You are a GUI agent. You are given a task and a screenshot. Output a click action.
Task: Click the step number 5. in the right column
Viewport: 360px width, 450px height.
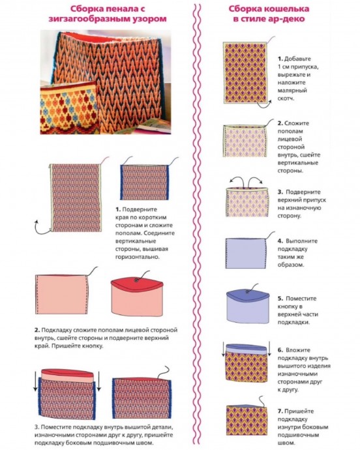[280, 299]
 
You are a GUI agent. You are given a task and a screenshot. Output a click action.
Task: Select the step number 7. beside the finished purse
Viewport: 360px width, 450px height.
[280, 412]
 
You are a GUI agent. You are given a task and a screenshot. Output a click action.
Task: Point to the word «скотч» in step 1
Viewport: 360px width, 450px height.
[286, 98]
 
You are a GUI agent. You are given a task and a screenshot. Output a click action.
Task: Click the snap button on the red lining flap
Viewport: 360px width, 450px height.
[136, 280]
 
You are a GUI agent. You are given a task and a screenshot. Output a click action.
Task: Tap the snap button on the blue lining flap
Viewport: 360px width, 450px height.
[247, 292]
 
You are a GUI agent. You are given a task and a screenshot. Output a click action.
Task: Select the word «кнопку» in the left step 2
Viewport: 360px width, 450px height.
[93, 346]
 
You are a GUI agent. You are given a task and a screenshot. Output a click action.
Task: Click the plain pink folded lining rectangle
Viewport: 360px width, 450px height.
[61, 294]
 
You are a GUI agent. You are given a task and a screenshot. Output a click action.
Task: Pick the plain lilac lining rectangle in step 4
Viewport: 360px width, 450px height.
[246, 253]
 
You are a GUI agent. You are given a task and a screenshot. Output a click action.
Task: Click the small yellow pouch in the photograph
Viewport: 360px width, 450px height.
[70, 108]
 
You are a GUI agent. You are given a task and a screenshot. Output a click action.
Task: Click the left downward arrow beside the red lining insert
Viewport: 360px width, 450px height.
[36, 381]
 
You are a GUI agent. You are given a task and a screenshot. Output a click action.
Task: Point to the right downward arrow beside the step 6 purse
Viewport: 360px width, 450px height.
[269, 349]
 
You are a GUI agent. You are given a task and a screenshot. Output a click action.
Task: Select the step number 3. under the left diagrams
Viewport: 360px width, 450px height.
[37, 427]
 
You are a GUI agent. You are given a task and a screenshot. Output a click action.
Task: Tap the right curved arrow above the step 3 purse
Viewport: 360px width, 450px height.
[256, 181]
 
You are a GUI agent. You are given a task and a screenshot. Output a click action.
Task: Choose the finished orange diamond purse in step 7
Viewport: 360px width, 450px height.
[247, 420]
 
